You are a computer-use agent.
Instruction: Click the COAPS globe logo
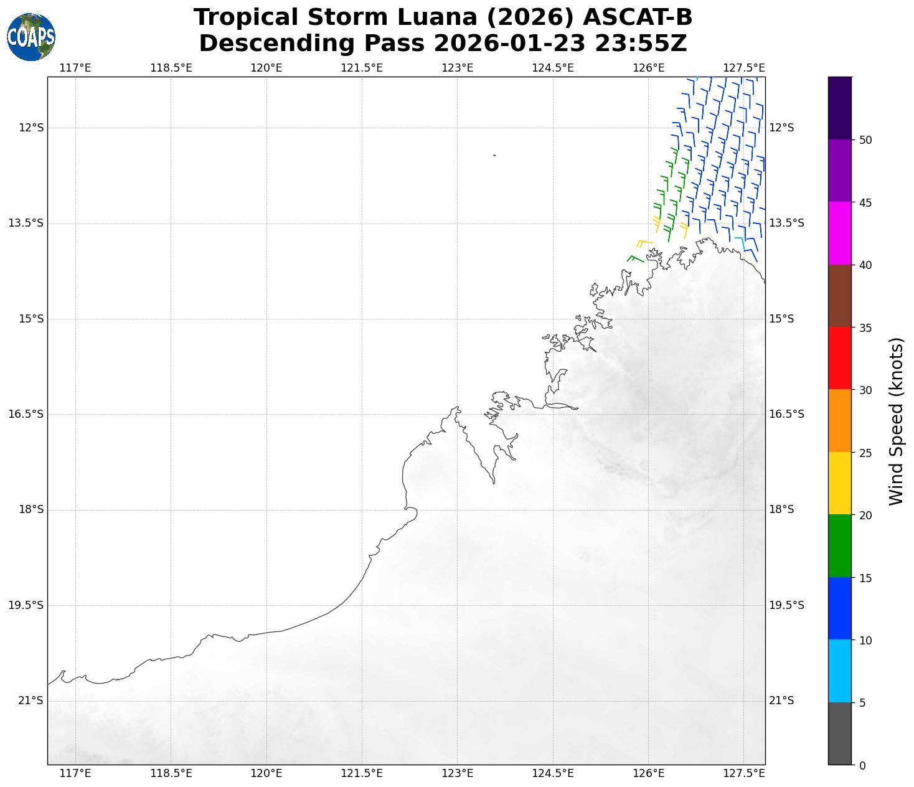[x=31, y=37]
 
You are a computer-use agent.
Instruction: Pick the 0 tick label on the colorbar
[x=862, y=765]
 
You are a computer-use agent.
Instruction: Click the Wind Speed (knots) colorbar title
[x=895, y=421]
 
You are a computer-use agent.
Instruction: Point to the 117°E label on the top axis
[x=75, y=68]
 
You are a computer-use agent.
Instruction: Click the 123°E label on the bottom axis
[x=458, y=773]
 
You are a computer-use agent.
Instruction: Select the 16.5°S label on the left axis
[x=26, y=414]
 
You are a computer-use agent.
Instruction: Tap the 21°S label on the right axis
[x=781, y=701]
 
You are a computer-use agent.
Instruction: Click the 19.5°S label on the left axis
[x=26, y=605]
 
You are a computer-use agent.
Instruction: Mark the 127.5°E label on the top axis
[x=744, y=68]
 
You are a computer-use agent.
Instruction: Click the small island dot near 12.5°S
[x=494, y=155]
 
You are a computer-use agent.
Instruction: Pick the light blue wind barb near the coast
[x=740, y=241]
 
